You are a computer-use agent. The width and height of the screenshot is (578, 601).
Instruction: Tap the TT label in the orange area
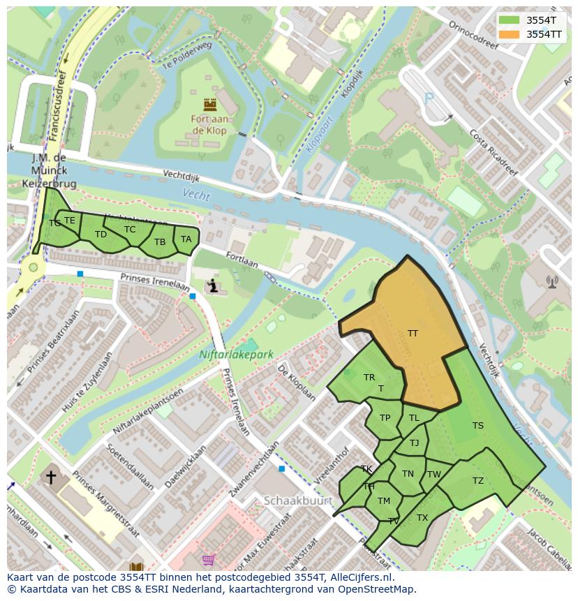(x=413, y=334)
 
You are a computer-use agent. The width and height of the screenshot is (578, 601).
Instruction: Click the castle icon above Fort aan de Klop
(x=209, y=105)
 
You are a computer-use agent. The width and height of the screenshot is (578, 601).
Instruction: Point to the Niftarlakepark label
(x=236, y=355)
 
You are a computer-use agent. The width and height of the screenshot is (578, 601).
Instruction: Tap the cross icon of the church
(x=51, y=477)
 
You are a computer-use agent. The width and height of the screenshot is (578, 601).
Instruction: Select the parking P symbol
(x=429, y=99)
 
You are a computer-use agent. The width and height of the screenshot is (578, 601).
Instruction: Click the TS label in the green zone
(x=477, y=426)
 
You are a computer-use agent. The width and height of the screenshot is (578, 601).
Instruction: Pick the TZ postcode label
(x=477, y=481)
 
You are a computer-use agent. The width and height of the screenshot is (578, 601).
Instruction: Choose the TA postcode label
(x=186, y=239)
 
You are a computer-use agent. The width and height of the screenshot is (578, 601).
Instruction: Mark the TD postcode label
(x=101, y=234)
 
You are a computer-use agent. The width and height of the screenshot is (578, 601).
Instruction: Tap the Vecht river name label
(x=196, y=195)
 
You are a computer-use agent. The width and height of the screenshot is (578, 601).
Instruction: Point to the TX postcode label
(x=422, y=518)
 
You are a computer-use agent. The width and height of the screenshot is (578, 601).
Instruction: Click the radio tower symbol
(x=552, y=282)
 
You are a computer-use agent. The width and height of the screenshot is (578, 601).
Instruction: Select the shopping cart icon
(x=207, y=560)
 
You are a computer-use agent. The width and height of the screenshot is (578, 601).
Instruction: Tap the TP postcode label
(x=385, y=418)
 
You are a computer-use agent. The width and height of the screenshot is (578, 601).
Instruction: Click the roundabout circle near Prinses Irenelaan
(x=32, y=267)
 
